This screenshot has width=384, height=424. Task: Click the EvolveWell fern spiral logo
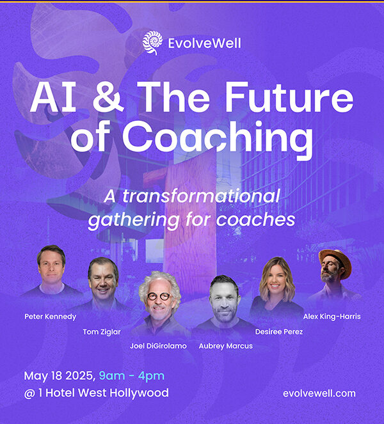coord(152,43)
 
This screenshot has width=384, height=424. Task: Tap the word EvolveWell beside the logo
coord(205,43)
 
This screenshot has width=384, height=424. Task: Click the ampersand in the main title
coord(108,97)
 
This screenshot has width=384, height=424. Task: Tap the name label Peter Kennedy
coord(51,317)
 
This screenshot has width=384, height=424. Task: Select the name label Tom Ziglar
coord(102,332)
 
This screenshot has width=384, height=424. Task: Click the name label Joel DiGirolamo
coord(158,346)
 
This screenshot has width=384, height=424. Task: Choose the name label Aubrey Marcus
coord(226,346)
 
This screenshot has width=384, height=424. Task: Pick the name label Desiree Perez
coord(279,331)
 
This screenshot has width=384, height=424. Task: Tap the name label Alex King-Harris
coord(332,317)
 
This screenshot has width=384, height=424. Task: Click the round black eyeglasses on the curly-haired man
coord(159,296)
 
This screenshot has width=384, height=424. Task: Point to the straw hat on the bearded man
coord(336,261)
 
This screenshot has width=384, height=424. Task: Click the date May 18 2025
coord(60,376)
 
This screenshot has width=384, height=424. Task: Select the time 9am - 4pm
coord(132,376)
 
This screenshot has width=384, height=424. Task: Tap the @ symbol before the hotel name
coord(29,393)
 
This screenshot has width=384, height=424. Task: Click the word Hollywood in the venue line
coord(139,393)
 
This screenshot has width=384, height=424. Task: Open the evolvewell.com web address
coord(319,393)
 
